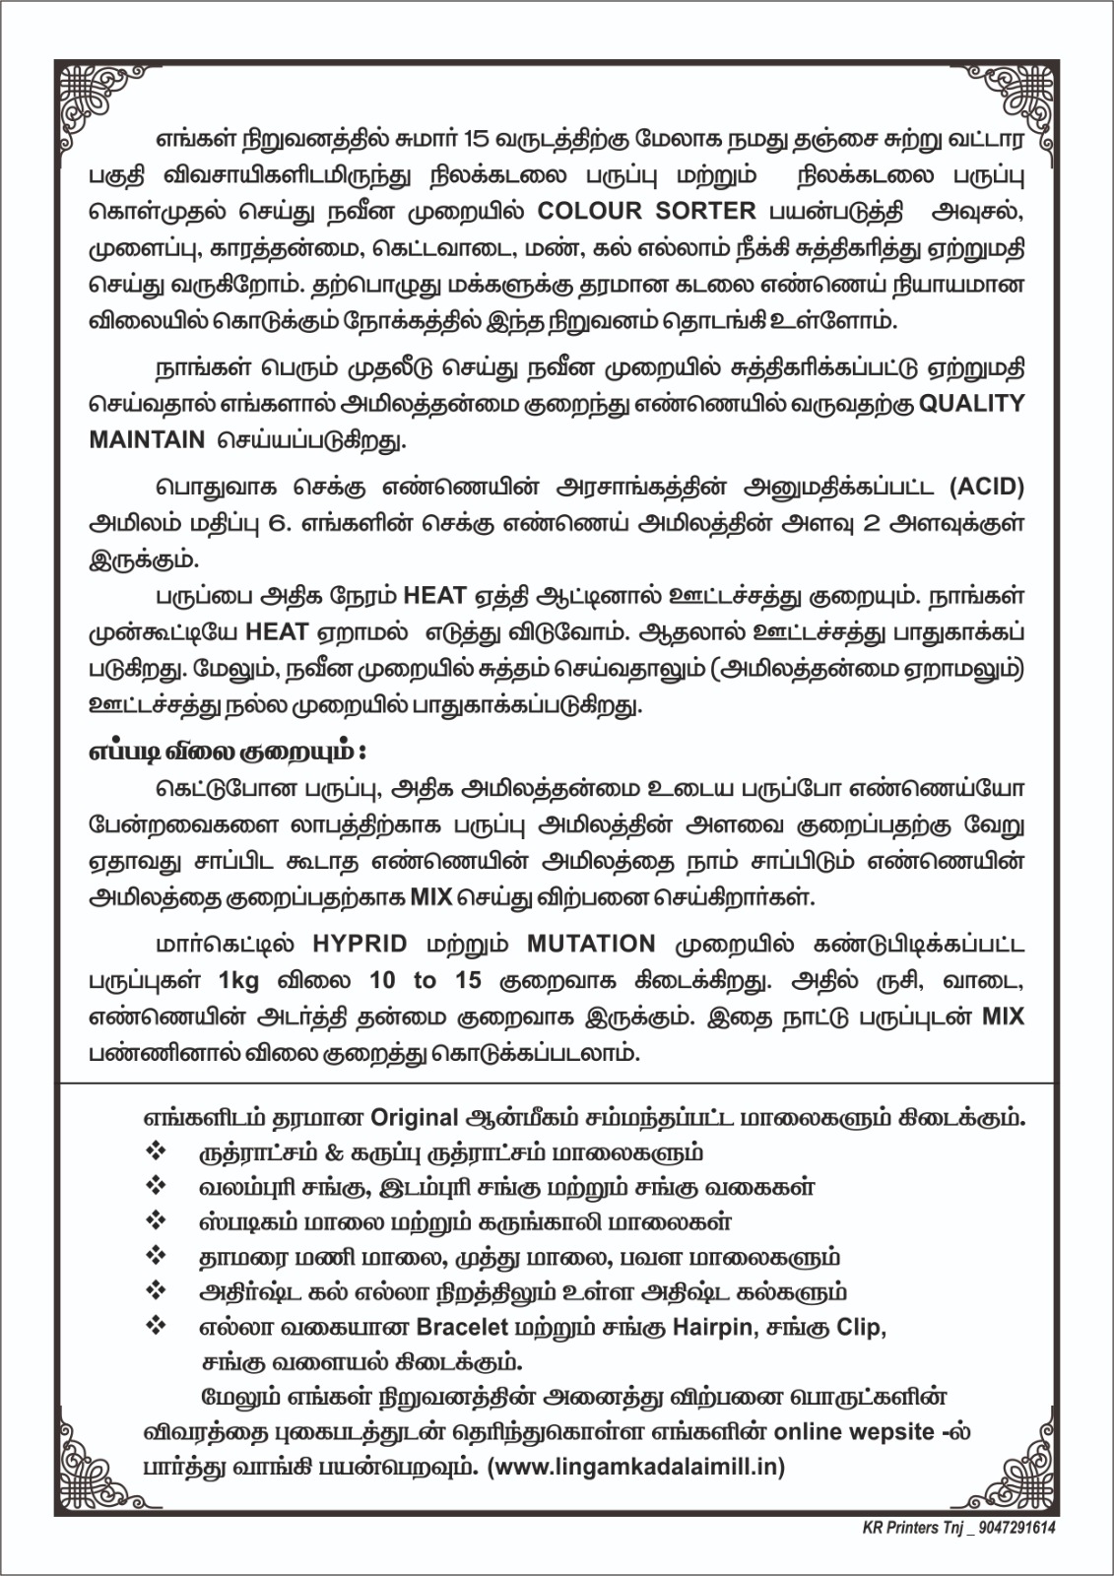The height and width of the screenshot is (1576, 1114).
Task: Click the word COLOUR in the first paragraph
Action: (x=589, y=211)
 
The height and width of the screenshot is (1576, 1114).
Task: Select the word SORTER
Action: (x=707, y=211)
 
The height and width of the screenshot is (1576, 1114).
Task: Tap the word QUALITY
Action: (x=971, y=404)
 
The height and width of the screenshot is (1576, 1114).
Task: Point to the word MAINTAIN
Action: (x=147, y=439)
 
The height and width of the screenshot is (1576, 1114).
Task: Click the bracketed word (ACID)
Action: (x=987, y=488)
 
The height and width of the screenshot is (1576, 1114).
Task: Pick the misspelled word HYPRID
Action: (x=360, y=943)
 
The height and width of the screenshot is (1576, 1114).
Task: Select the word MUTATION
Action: (x=591, y=943)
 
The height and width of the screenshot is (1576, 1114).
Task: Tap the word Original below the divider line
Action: (x=415, y=1118)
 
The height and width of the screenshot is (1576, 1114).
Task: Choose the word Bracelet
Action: (x=462, y=1327)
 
